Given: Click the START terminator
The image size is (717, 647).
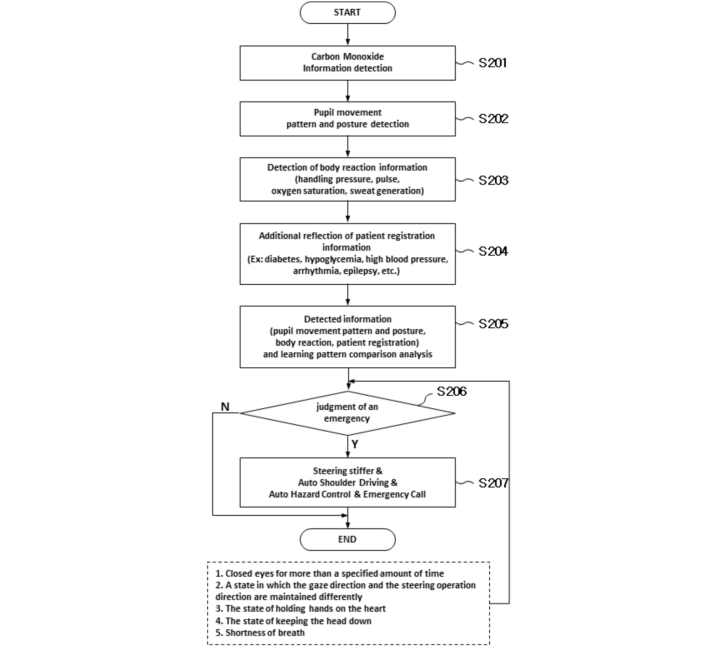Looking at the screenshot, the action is point(348,13).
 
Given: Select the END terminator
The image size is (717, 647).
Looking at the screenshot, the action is point(348,539).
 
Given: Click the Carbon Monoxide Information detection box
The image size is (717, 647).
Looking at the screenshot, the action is point(348,63).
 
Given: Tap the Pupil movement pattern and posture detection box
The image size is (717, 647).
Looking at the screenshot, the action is point(348,119).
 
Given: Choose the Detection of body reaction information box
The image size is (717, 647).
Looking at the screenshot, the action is point(348,179).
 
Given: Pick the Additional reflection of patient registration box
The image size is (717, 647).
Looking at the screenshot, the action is point(348,254).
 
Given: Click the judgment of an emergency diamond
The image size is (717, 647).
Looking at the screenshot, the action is point(348,413).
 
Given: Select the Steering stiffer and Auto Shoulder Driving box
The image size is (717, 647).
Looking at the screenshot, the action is point(348,482).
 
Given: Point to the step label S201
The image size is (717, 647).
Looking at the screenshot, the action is point(493,63).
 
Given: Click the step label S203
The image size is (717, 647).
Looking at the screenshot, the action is point(493,180).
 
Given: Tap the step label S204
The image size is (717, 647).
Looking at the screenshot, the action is point(493,251).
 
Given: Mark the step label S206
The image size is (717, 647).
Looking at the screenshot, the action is point(452,391).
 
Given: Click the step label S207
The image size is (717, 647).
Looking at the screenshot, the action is point(493,483).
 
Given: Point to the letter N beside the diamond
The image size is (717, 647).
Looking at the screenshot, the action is point(225,407).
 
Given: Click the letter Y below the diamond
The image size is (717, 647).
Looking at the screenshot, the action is point(355,445).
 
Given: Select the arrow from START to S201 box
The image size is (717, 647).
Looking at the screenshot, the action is point(348,34).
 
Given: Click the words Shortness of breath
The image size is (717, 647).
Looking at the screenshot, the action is point(265,632).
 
